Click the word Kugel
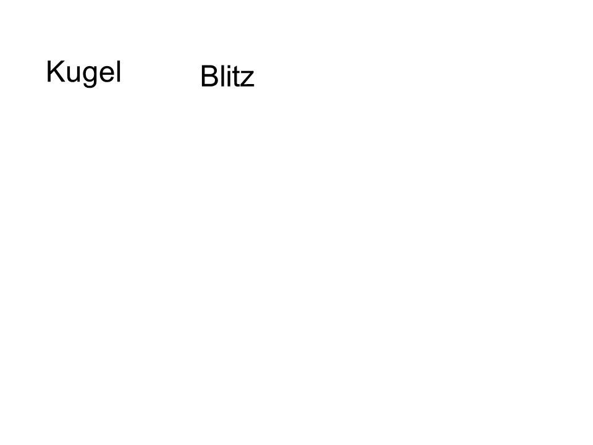click(83, 72)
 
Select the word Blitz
click(227, 75)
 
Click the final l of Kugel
click(119, 70)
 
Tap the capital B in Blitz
click(209, 75)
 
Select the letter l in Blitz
click(224, 75)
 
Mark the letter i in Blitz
click(230, 75)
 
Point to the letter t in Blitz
click(237, 77)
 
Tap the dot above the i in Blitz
click(230, 66)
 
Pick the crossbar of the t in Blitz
click(237, 72)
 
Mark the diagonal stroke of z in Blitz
click(248, 78)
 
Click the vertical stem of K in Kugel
click(48, 70)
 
